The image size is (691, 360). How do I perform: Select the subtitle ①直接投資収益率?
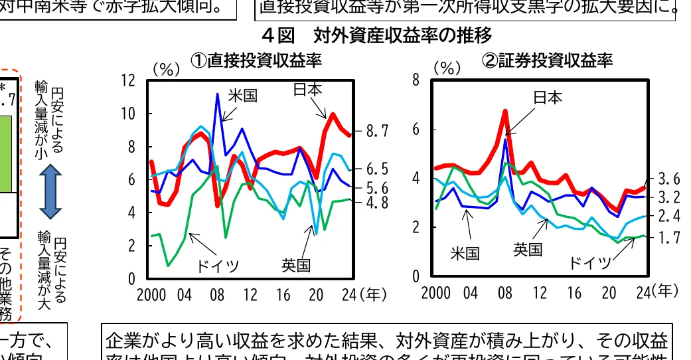pos(256,60)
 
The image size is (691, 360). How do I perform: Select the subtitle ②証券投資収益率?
pos(547,60)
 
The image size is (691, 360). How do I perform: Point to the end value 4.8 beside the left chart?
pos(376,203)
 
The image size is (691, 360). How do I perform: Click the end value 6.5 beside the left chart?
pos(376,169)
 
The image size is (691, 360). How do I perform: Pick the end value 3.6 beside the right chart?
pos(668,179)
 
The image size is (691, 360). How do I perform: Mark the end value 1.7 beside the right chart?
pos(668,236)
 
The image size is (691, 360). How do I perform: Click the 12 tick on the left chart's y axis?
pos(128,80)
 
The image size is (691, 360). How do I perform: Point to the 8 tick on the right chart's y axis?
pos(416,80)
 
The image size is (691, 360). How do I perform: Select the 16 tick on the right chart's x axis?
pos(575,293)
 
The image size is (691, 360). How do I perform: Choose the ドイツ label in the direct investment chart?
pos(217,266)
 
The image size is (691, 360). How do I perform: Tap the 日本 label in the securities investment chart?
pos(548,98)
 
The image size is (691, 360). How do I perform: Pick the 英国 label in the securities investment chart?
pos(528,249)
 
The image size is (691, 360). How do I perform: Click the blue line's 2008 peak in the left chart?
pos(217,94)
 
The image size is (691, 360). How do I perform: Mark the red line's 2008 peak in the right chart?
pos(505,111)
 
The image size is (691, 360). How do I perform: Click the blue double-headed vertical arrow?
pos(50,191)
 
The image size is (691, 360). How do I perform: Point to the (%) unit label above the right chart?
pos(447,68)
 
